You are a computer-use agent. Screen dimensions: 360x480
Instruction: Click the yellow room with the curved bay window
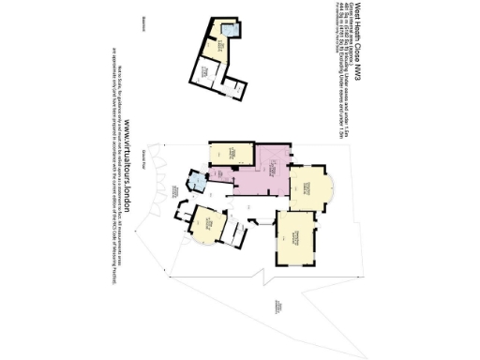coord(309,187)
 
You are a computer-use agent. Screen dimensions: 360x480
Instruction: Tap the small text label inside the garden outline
coord(277,305)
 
